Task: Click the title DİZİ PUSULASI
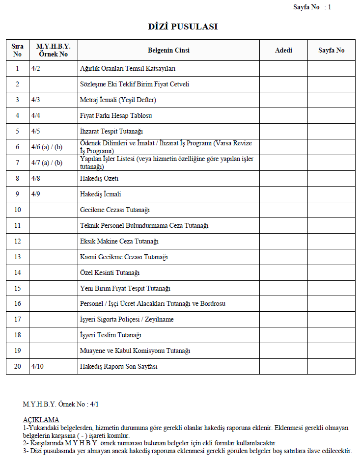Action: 183,27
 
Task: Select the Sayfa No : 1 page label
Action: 312,7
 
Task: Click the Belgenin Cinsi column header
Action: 168,50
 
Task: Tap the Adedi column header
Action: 283,50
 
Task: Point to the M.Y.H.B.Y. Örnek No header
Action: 53,50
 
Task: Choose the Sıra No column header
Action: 17,50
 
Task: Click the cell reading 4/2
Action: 35,68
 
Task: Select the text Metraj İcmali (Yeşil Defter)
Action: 118,100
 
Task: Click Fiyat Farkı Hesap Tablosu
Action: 116,115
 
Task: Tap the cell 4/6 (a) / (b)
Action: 47,147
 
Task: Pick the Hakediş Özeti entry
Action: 99,178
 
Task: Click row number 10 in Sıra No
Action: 17,210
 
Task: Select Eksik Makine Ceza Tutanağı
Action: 119,241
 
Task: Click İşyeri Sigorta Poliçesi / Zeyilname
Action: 127,320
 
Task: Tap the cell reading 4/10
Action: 37,366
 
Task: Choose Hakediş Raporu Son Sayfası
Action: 118,366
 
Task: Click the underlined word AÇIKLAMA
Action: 41,420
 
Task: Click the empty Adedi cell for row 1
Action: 283,68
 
